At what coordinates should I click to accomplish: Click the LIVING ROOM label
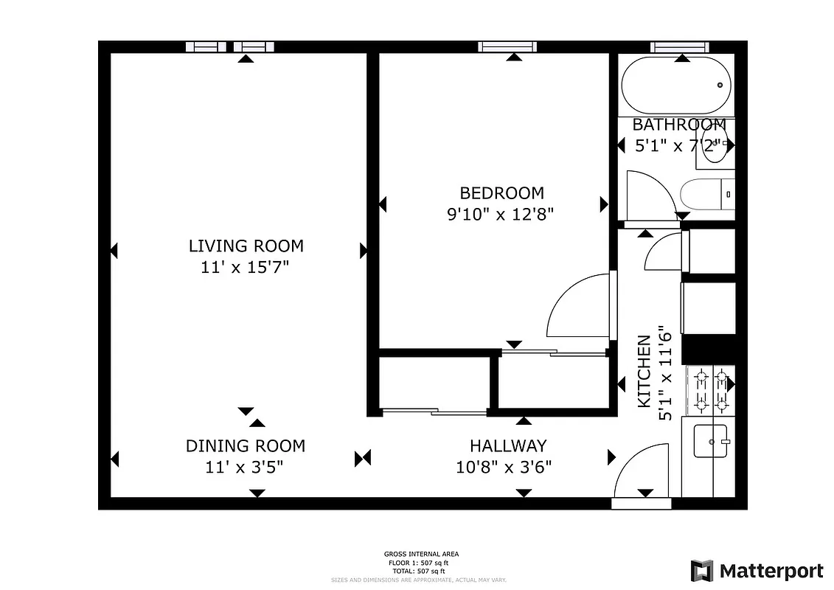(x=246, y=246)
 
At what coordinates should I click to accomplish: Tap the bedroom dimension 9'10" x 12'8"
(x=501, y=215)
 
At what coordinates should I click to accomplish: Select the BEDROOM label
(x=501, y=193)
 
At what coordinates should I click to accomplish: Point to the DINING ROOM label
(x=245, y=445)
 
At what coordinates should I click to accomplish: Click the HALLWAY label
(x=508, y=445)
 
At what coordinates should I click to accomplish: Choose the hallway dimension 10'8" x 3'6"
(x=504, y=466)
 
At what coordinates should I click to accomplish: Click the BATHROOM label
(x=678, y=125)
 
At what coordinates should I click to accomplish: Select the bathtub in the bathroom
(x=675, y=85)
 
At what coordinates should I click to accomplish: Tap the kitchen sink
(x=711, y=441)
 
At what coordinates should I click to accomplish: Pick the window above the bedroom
(x=507, y=46)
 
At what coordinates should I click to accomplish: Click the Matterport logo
(x=757, y=570)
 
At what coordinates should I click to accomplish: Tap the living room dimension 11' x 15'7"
(x=244, y=267)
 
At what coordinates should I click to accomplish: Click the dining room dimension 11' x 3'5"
(x=244, y=466)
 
